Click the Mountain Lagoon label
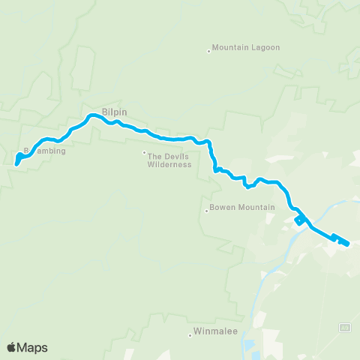tap(246, 48)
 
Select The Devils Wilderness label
tap(169, 160)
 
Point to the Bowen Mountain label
tap(243, 207)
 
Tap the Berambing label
tap(46, 151)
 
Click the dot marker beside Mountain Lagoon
tap(208, 51)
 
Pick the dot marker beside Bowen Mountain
tap(206, 211)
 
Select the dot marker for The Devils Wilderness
tap(144, 153)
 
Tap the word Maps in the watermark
tap(33, 347)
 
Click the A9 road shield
tap(346, 327)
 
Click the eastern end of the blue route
tap(348, 241)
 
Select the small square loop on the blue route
tap(299, 220)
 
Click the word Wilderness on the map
tap(169, 164)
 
